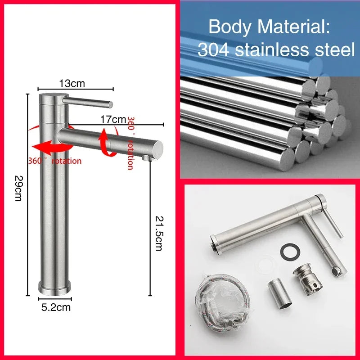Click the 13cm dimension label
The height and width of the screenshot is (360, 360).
pos(72,83)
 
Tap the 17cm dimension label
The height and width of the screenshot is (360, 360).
pos(113,119)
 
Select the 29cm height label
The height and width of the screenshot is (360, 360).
pos(18,188)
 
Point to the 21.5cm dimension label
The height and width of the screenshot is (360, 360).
pos(159,233)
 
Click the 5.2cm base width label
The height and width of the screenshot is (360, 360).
pos(56,307)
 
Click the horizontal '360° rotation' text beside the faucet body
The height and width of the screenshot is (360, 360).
pos(54,161)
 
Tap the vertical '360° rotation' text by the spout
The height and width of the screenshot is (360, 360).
pos(130,143)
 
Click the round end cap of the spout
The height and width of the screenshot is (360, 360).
pos(158,149)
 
